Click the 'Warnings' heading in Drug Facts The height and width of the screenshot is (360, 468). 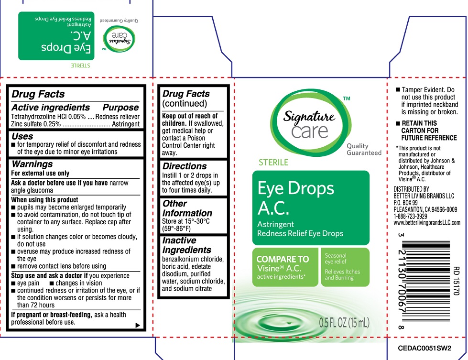33,164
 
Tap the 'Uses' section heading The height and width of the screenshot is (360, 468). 22,136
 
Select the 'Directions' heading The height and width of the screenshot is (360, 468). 185,166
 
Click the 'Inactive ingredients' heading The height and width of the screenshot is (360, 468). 186,245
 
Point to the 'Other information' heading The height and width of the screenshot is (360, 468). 187,208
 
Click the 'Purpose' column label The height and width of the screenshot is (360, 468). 120,108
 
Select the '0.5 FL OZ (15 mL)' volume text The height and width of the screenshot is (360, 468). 344,323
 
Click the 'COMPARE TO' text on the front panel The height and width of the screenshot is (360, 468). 283,259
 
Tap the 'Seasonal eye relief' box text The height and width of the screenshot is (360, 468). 336,259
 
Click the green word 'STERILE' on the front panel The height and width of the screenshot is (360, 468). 273,163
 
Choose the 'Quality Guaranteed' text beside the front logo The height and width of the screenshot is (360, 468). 364,149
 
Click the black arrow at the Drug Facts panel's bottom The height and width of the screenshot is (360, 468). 138,325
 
